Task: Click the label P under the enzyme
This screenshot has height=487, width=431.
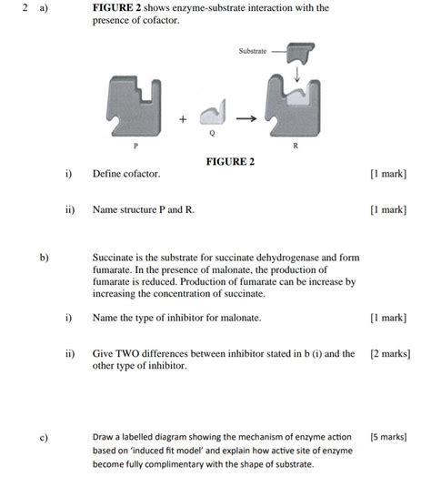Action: (x=136, y=144)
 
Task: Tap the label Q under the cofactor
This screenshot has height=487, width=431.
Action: (x=212, y=134)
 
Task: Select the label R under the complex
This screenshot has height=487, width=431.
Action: (x=295, y=144)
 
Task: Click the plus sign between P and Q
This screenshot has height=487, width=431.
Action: (x=183, y=118)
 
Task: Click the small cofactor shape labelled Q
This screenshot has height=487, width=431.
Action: (x=212, y=113)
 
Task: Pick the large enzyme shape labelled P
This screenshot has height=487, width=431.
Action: (x=136, y=102)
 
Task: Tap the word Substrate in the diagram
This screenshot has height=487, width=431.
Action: (x=253, y=52)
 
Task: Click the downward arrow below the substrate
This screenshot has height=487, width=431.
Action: (x=296, y=73)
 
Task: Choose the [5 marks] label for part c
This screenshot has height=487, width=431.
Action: (x=388, y=437)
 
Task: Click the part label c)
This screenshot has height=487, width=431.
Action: (x=43, y=438)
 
